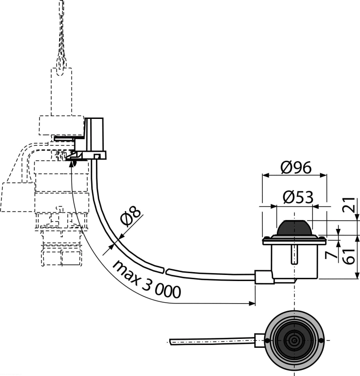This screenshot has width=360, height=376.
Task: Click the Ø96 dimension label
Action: [x=296, y=167]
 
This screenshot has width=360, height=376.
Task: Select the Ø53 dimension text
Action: [x=298, y=197]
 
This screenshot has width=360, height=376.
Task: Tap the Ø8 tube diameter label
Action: [x=130, y=216]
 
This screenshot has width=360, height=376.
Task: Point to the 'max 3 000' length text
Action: [x=147, y=279]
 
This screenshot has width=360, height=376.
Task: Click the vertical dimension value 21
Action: [x=349, y=204]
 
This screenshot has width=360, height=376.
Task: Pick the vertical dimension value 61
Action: [x=349, y=257]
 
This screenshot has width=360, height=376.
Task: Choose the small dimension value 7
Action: [x=331, y=255]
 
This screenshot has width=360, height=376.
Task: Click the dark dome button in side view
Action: [x=294, y=228]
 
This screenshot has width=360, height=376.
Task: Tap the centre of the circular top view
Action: [x=294, y=340]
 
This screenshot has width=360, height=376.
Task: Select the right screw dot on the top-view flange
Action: [x=321, y=340]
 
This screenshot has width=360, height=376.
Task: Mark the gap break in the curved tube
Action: [x=165, y=271]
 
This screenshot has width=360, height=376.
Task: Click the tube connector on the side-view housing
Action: [x=264, y=277]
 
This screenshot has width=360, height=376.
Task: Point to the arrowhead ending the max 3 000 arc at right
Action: [x=252, y=303]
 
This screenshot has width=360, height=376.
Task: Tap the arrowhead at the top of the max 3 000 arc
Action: [x=71, y=164]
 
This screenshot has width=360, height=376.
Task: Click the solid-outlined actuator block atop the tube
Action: [x=94, y=138]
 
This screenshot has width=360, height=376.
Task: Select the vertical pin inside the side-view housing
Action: [x=295, y=254]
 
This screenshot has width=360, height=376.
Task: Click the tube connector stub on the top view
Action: [x=259, y=340]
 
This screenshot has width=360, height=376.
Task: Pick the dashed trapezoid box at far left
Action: [x=18, y=197]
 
